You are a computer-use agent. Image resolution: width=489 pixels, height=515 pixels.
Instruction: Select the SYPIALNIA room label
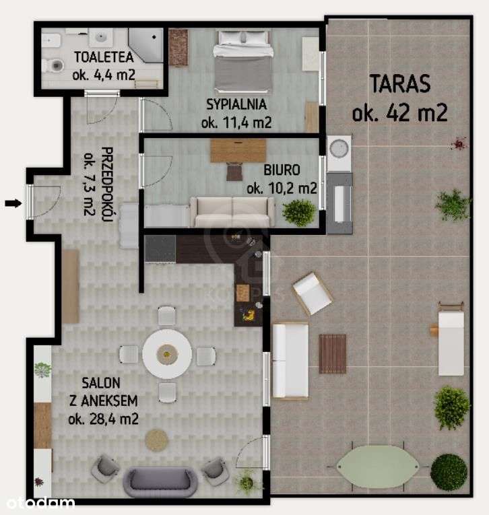(236, 104)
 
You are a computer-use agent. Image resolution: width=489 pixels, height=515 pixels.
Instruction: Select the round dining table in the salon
(167, 353)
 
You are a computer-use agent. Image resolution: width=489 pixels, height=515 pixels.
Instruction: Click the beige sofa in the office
(232, 212)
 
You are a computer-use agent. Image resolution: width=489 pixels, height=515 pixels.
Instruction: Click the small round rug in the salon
(158, 440)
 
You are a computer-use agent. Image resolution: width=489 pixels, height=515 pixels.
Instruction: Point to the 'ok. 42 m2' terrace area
(399, 112)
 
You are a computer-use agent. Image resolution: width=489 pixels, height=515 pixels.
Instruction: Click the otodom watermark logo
(38, 502)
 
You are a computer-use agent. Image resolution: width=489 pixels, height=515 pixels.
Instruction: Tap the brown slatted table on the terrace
(332, 353)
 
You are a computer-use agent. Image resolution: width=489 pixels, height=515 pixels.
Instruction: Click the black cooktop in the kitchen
(160, 248)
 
